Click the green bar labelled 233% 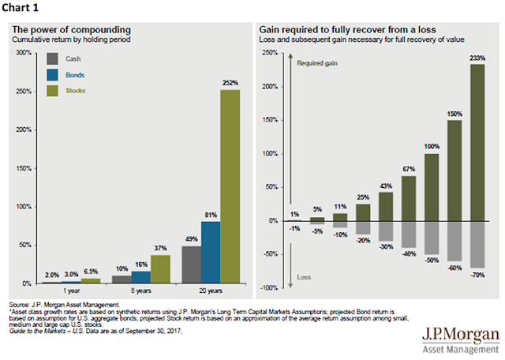pyautogui.click(x=477, y=143)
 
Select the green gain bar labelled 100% pyautogui.click(x=432, y=187)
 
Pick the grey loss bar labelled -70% pyautogui.click(x=477, y=245)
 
